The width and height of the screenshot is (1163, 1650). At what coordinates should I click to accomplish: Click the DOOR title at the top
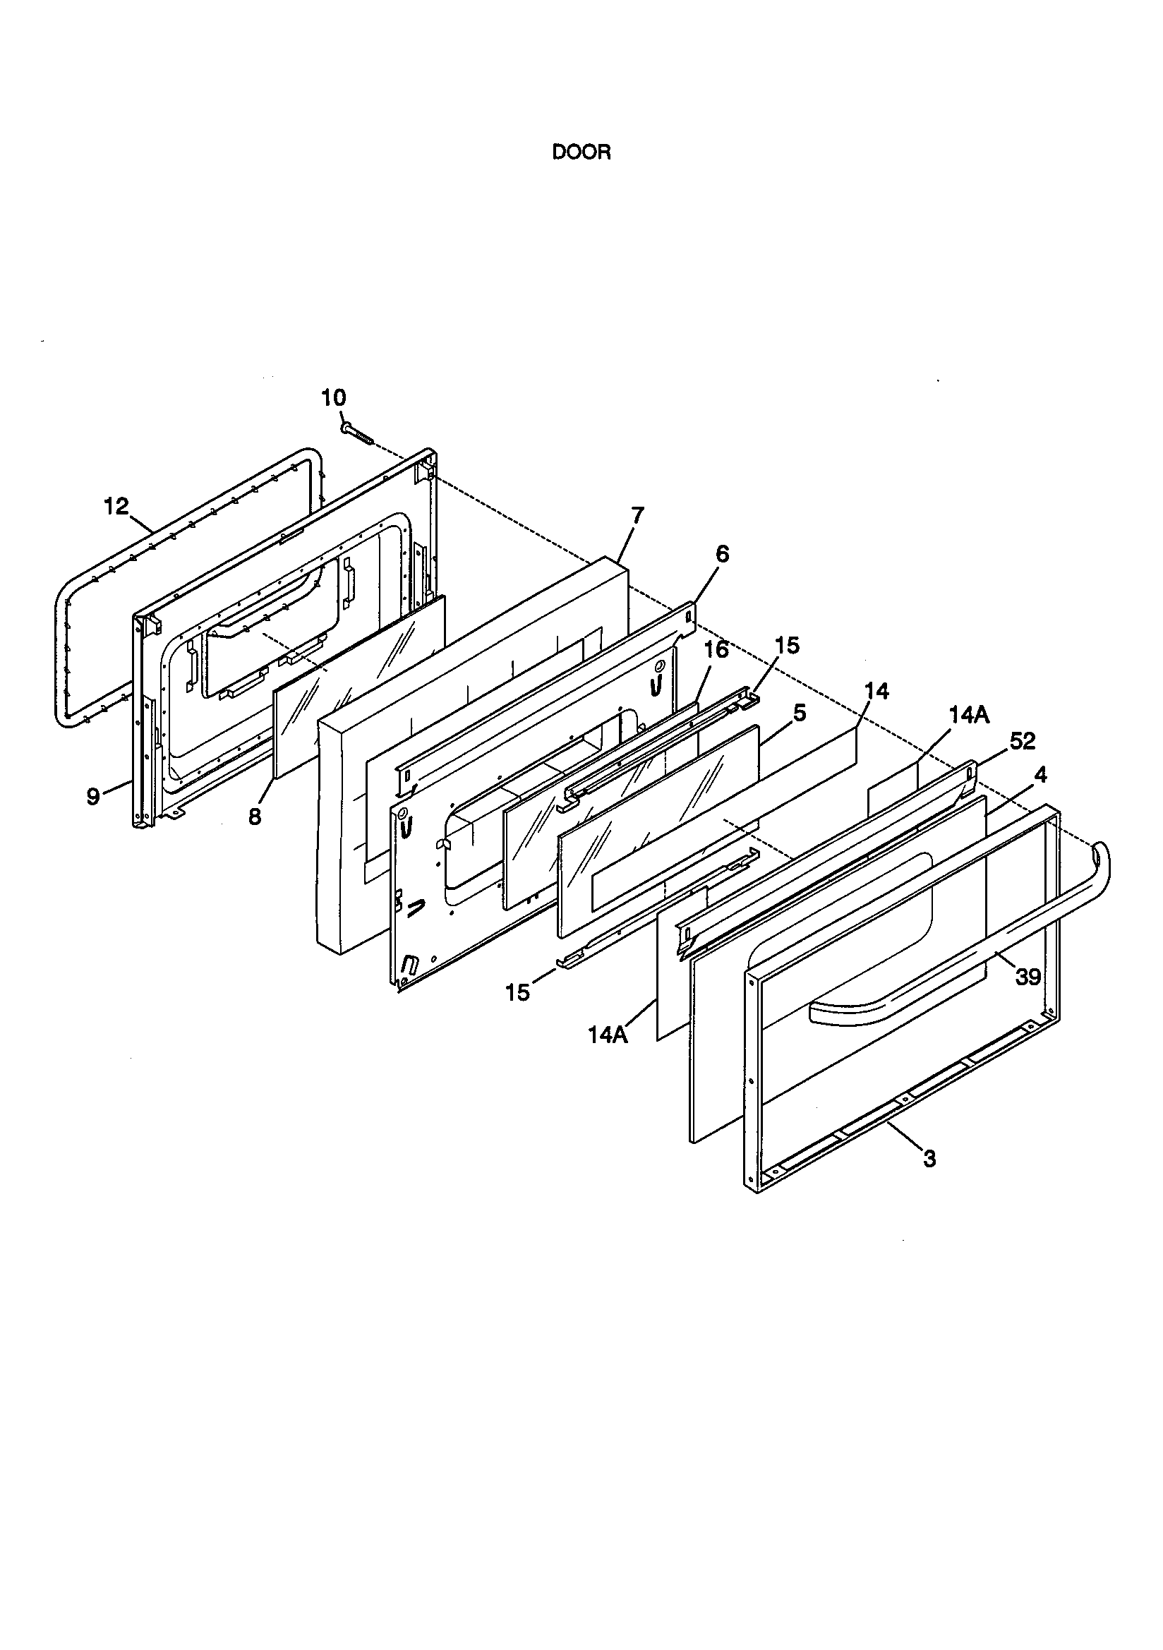pyautogui.click(x=581, y=153)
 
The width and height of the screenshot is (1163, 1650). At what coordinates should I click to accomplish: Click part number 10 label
pyautogui.click(x=334, y=397)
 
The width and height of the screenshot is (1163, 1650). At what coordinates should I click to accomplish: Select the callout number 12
pyautogui.click(x=116, y=507)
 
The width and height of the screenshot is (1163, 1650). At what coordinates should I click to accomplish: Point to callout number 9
pyautogui.click(x=92, y=797)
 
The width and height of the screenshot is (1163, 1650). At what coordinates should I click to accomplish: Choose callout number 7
pyautogui.click(x=637, y=514)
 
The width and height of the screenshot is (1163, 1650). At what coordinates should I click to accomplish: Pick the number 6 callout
pyautogui.click(x=722, y=554)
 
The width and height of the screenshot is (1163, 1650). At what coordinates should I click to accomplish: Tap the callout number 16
pyautogui.click(x=716, y=650)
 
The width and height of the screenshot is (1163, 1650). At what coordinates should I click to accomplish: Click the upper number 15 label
pyautogui.click(x=787, y=645)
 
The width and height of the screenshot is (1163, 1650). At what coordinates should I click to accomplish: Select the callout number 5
pyautogui.click(x=800, y=713)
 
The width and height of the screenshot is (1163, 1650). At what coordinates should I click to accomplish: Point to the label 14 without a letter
pyautogui.click(x=876, y=692)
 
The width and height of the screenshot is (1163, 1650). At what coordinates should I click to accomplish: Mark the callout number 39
pyautogui.click(x=1028, y=975)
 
